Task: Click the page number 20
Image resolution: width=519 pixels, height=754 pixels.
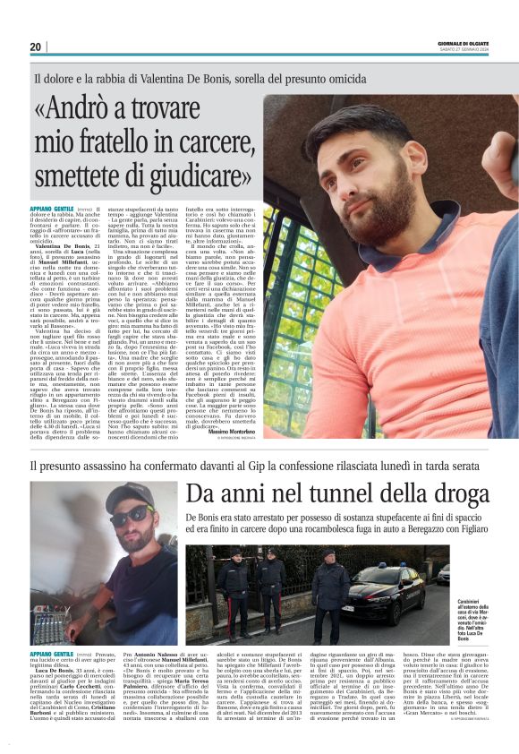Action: [x=35, y=47]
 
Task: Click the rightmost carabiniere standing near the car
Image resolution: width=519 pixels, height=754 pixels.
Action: [x=332, y=587]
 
